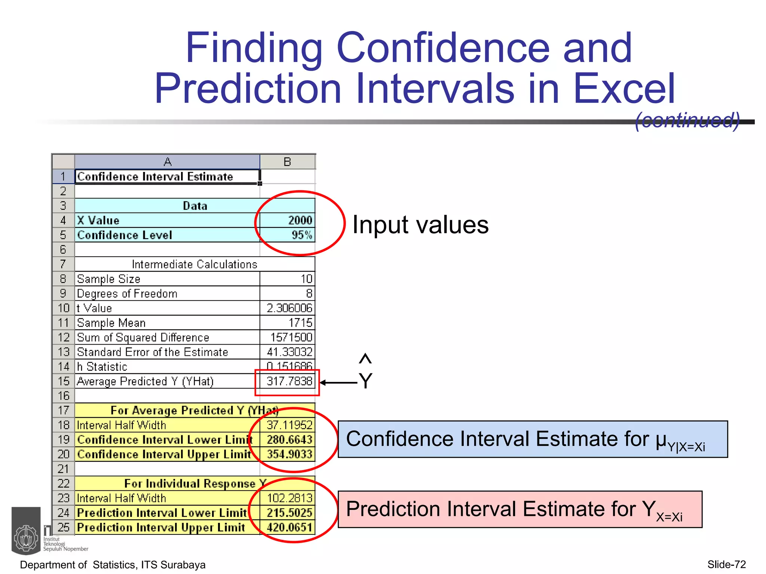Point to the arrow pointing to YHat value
tap(338, 383)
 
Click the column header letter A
tap(167, 162)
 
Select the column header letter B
tap(287, 162)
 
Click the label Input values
tap(420, 225)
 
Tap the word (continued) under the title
tap(687, 120)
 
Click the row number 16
tap(64, 396)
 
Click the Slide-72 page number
tap(726, 564)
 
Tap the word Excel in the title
tap(624, 89)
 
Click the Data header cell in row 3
tap(194, 206)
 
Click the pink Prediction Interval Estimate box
tap(520, 509)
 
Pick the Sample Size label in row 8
tap(108, 279)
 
